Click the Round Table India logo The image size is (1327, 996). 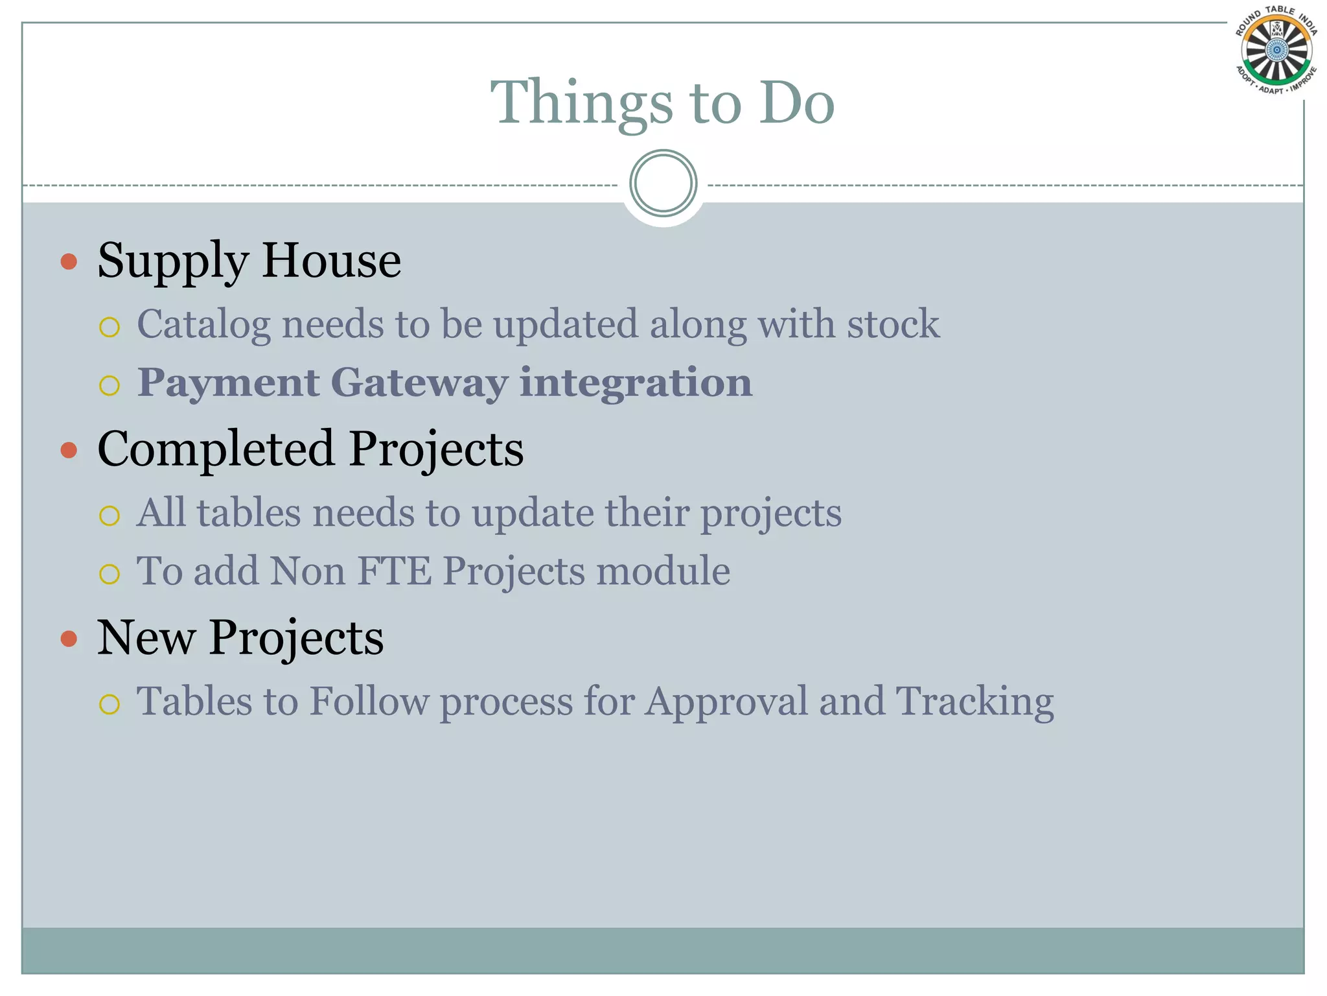(x=1276, y=51)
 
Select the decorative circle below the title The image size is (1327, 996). (x=663, y=183)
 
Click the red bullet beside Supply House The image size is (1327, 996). (x=69, y=262)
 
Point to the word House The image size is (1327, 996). (x=331, y=261)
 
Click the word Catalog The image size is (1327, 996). (x=203, y=325)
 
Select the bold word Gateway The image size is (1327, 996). (x=419, y=383)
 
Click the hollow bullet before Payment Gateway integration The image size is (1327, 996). (x=110, y=386)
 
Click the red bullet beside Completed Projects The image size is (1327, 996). (x=69, y=450)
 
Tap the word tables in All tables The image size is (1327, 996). (x=249, y=513)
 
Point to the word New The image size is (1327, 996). (x=146, y=637)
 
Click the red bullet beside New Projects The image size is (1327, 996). (x=69, y=639)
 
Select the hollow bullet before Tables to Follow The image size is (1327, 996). (x=110, y=704)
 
